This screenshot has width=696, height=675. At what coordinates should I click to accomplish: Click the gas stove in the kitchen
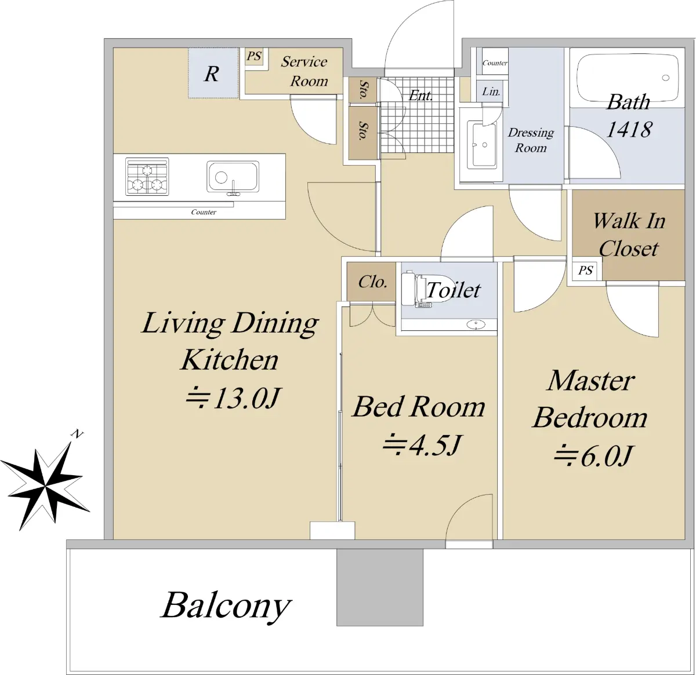(x=147, y=177)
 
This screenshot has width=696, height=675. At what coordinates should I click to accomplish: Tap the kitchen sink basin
(x=233, y=177)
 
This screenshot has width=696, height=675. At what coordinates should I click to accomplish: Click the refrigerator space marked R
(x=213, y=73)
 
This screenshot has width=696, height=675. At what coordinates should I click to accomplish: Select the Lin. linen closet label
(x=491, y=92)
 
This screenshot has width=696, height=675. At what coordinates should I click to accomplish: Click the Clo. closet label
(x=372, y=282)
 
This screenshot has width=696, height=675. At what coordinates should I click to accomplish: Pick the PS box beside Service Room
(x=254, y=56)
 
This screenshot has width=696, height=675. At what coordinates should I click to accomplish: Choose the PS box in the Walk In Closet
(x=585, y=270)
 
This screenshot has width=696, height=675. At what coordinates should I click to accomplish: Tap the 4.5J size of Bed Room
(x=423, y=445)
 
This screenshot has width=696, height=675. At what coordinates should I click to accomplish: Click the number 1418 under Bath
(x=628, y=129)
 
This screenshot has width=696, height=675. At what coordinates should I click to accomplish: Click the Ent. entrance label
(x=420, y=96)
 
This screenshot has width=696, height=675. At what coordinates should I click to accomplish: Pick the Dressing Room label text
(x=531, y=140)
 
